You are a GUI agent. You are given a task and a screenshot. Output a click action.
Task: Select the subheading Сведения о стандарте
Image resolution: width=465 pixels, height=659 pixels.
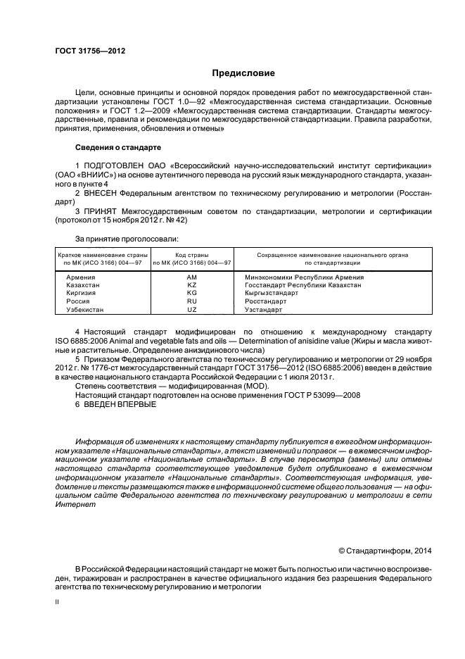(118, 148)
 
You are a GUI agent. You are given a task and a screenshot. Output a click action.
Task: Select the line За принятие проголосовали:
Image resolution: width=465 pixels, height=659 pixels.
(117, 239)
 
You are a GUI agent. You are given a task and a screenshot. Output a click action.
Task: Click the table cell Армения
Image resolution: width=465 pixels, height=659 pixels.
(80, 277)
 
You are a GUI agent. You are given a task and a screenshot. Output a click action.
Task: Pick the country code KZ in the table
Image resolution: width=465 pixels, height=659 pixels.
(191, 285)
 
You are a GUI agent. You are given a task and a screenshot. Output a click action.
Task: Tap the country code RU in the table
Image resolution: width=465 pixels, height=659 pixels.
(191, 301)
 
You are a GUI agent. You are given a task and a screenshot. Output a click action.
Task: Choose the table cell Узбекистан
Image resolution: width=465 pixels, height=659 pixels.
(84, 309)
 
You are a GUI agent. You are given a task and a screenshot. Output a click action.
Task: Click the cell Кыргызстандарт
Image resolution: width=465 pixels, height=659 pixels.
(271, 293)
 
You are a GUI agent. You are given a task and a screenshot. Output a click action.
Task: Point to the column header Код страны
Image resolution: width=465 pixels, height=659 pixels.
(191, 255)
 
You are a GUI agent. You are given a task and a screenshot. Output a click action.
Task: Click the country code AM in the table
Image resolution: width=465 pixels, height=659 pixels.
(191, 277)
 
